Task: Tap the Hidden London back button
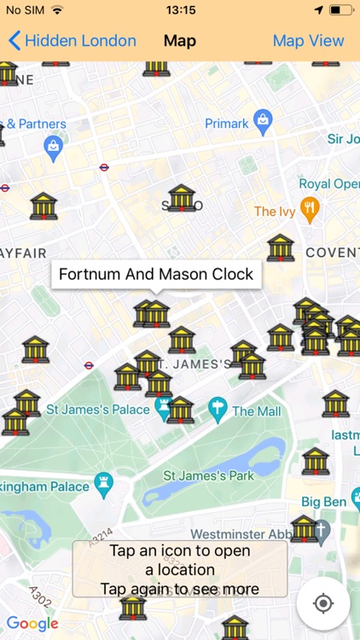(73, 40)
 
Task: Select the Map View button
(308, 40)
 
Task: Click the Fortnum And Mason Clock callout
(156, 275)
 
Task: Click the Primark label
(226, 124)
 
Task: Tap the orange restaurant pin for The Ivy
(311, 210)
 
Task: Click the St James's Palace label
(98, 410)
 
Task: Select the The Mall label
(256, 410)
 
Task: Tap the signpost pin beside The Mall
(218, 410)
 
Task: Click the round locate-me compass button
(323, 603)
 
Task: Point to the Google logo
(32, 624)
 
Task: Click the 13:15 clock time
(180, 10)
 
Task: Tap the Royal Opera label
(328, 183)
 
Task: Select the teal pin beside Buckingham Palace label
(104, 483)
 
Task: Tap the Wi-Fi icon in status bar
(57, 10)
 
